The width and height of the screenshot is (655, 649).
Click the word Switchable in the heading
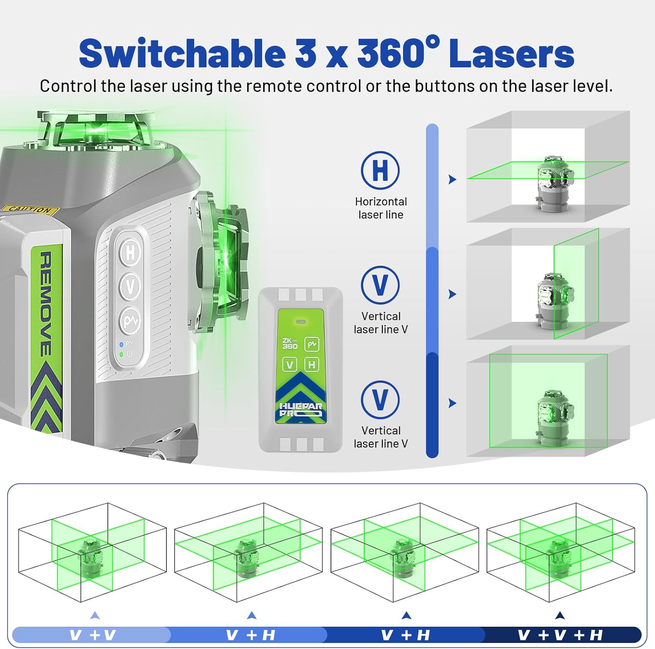tap(182, 53)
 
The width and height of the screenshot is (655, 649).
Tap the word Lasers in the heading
tap(511, 53)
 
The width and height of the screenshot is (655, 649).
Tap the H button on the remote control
tap(311, 364)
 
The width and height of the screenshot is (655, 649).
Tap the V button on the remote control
tap(290, 364)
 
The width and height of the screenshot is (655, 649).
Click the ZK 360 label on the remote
tap(290, 344)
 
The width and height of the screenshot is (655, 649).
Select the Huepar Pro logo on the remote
tap(300, 410)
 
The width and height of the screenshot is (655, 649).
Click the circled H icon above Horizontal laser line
tap(380, 170)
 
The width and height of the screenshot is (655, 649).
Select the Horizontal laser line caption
tap(381, 208)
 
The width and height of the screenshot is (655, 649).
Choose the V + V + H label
tap(560, 635)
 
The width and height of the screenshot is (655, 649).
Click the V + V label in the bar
tap(93, 635)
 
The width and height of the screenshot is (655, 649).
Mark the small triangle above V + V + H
tap(560, 615)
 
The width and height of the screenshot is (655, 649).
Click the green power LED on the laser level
tap(121, 354)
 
